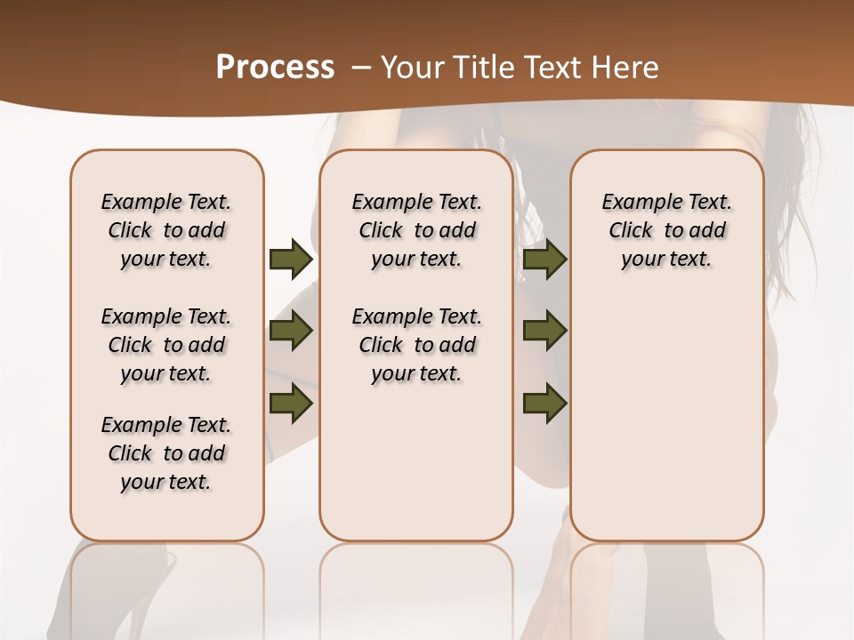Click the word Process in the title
(275, 68)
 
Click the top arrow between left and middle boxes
(290, 260)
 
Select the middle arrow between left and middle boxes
(290, 332)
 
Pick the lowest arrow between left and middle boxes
(290, 403)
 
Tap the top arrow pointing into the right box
(544, 260)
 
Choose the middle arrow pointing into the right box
(544, 332)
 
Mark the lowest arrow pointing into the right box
(544, 403)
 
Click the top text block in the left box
(166, 230)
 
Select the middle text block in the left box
(166, 345)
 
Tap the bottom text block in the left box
(166, 453)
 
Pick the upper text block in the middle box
(416, 230)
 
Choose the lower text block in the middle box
(416, 345)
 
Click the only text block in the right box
(666, 230)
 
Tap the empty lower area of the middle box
(416, 462)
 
